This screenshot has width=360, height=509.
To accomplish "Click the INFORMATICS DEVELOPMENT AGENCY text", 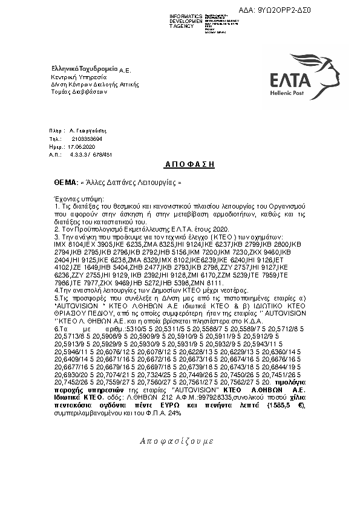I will pos(186,21).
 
